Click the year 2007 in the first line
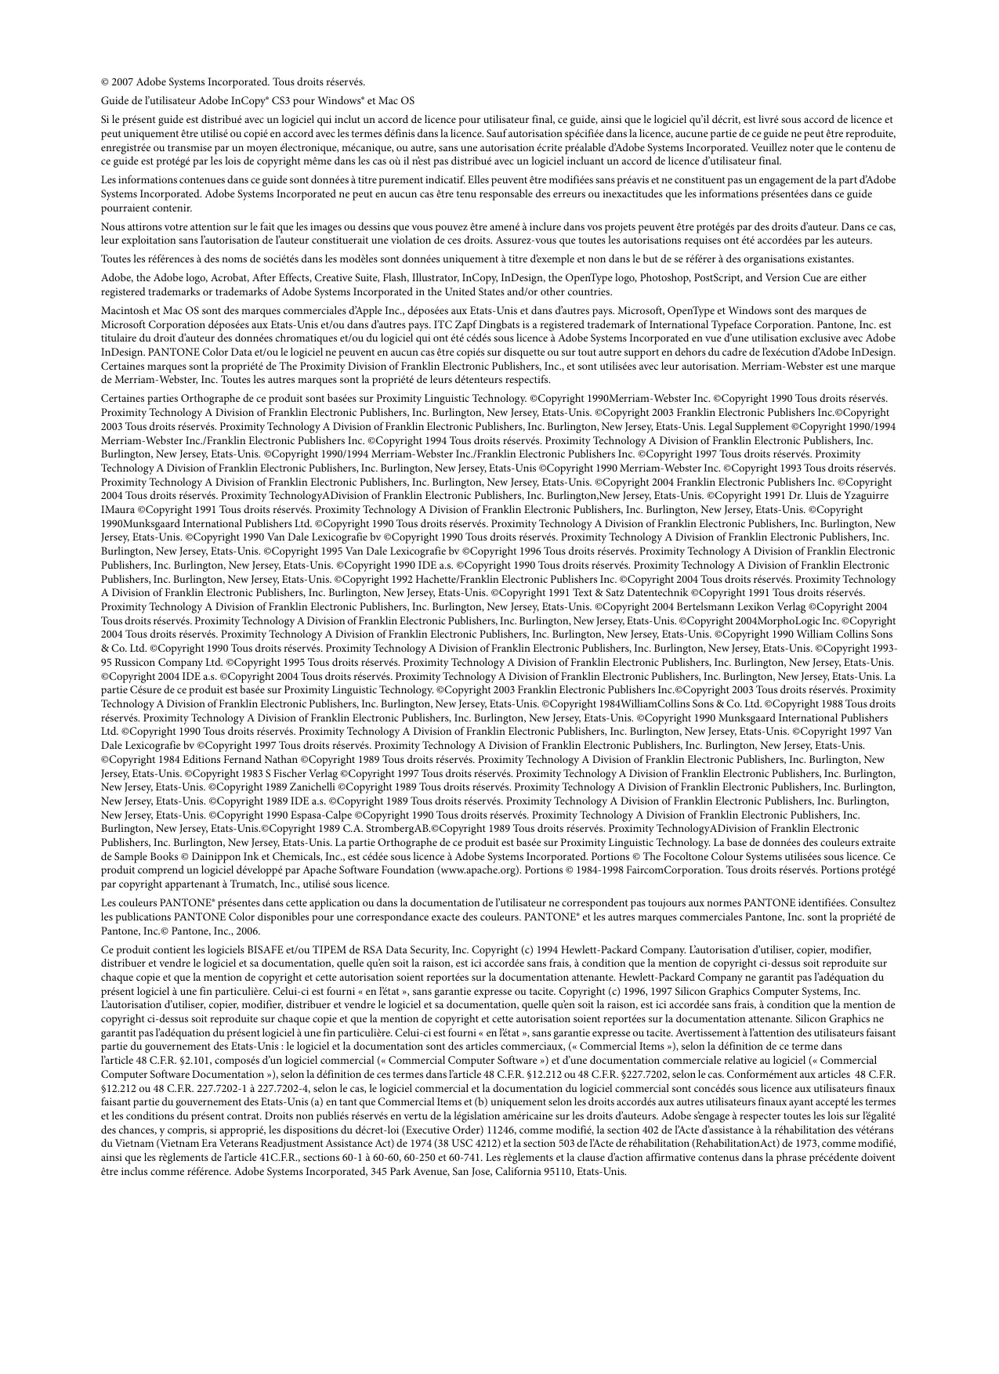(123, 81)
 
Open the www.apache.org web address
(478, 870)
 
